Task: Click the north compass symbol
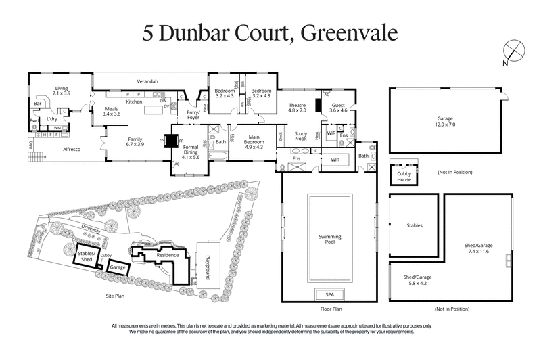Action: point(513,51)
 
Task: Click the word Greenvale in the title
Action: point(347,32)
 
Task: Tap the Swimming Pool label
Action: point(329,240)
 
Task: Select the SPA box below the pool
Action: point(330,294)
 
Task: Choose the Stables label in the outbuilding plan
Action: point(415,227)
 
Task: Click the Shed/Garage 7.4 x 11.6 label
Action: point(477,248)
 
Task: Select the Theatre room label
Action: point(298,109)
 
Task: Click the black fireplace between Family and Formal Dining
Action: point(171,141)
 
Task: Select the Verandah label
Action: point(147,81)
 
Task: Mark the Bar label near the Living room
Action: point(39,104)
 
